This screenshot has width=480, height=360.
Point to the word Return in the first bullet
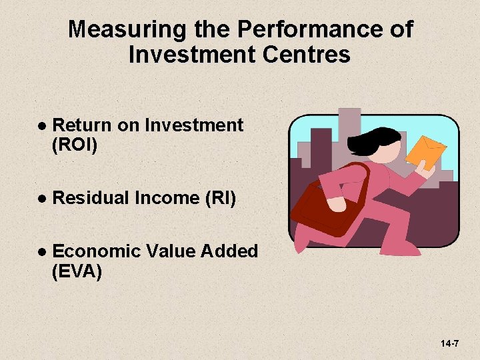pyautogui.click(x=82, y=125)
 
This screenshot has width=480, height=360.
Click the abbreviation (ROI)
pyautogui.click(x=74, y=145)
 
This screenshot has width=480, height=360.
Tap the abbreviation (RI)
pyautogui.click(x=213, y=197)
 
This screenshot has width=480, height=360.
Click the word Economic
pyautogui.click(x=95, y=251)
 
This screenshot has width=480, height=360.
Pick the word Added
pyautogui.click(x=229, y=251)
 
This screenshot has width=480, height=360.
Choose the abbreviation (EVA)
pyautogui.click(x=77, y=271)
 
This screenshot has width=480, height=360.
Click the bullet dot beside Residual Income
pyautogui.click(x=41, y=198)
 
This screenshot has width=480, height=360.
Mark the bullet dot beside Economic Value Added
pyautogui.click(x=41, y=252)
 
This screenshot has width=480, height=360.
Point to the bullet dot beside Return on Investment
pyautogui.click(x=41, y=125)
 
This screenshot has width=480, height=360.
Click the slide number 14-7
pyautogui.click(x=449, y=343)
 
